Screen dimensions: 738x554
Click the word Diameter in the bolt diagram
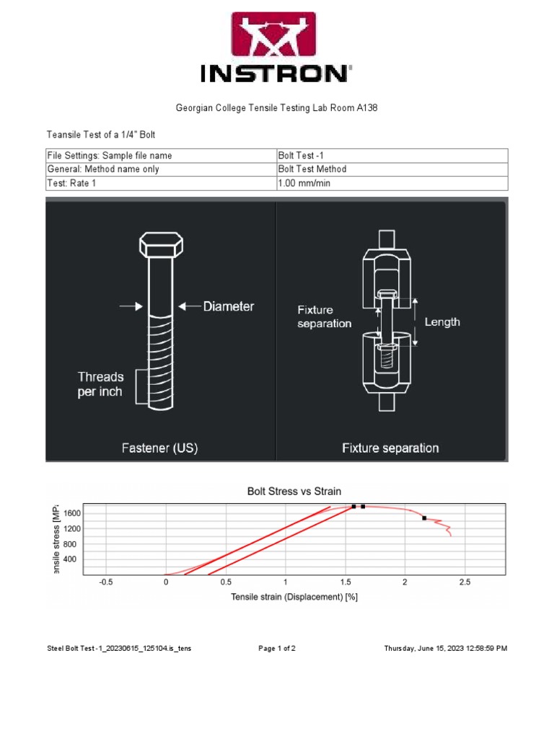click(228, 306)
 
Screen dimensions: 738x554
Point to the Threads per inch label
click(100, 384)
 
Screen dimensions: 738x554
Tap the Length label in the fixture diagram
click(442, 322)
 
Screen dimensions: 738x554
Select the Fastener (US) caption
click(159, 448)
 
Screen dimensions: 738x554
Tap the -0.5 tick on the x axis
click(106, 582)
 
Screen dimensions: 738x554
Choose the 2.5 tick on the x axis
click(465, 582)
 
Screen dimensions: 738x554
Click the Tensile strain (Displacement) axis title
click(294, 597)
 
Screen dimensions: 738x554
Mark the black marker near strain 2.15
click(424, 517)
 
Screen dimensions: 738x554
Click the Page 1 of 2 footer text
click(277, 649)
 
